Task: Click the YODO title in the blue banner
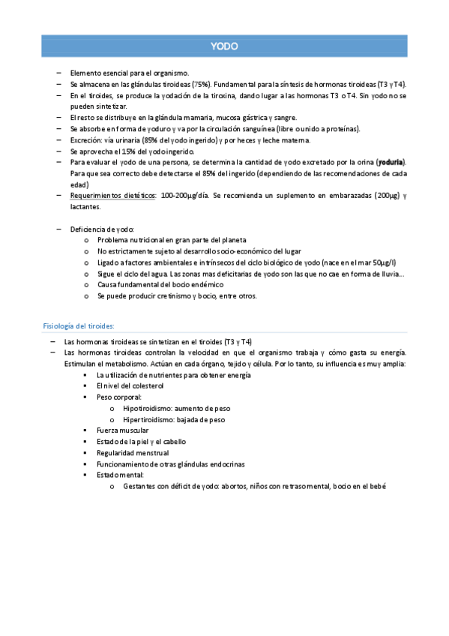(224, 46)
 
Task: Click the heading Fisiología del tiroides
(79, 325)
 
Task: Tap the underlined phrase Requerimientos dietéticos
(112, 195)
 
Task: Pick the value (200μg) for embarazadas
(382, 195)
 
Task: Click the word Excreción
(85, 140)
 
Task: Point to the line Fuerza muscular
(122, 430)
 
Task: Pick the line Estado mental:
(121, 475)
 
